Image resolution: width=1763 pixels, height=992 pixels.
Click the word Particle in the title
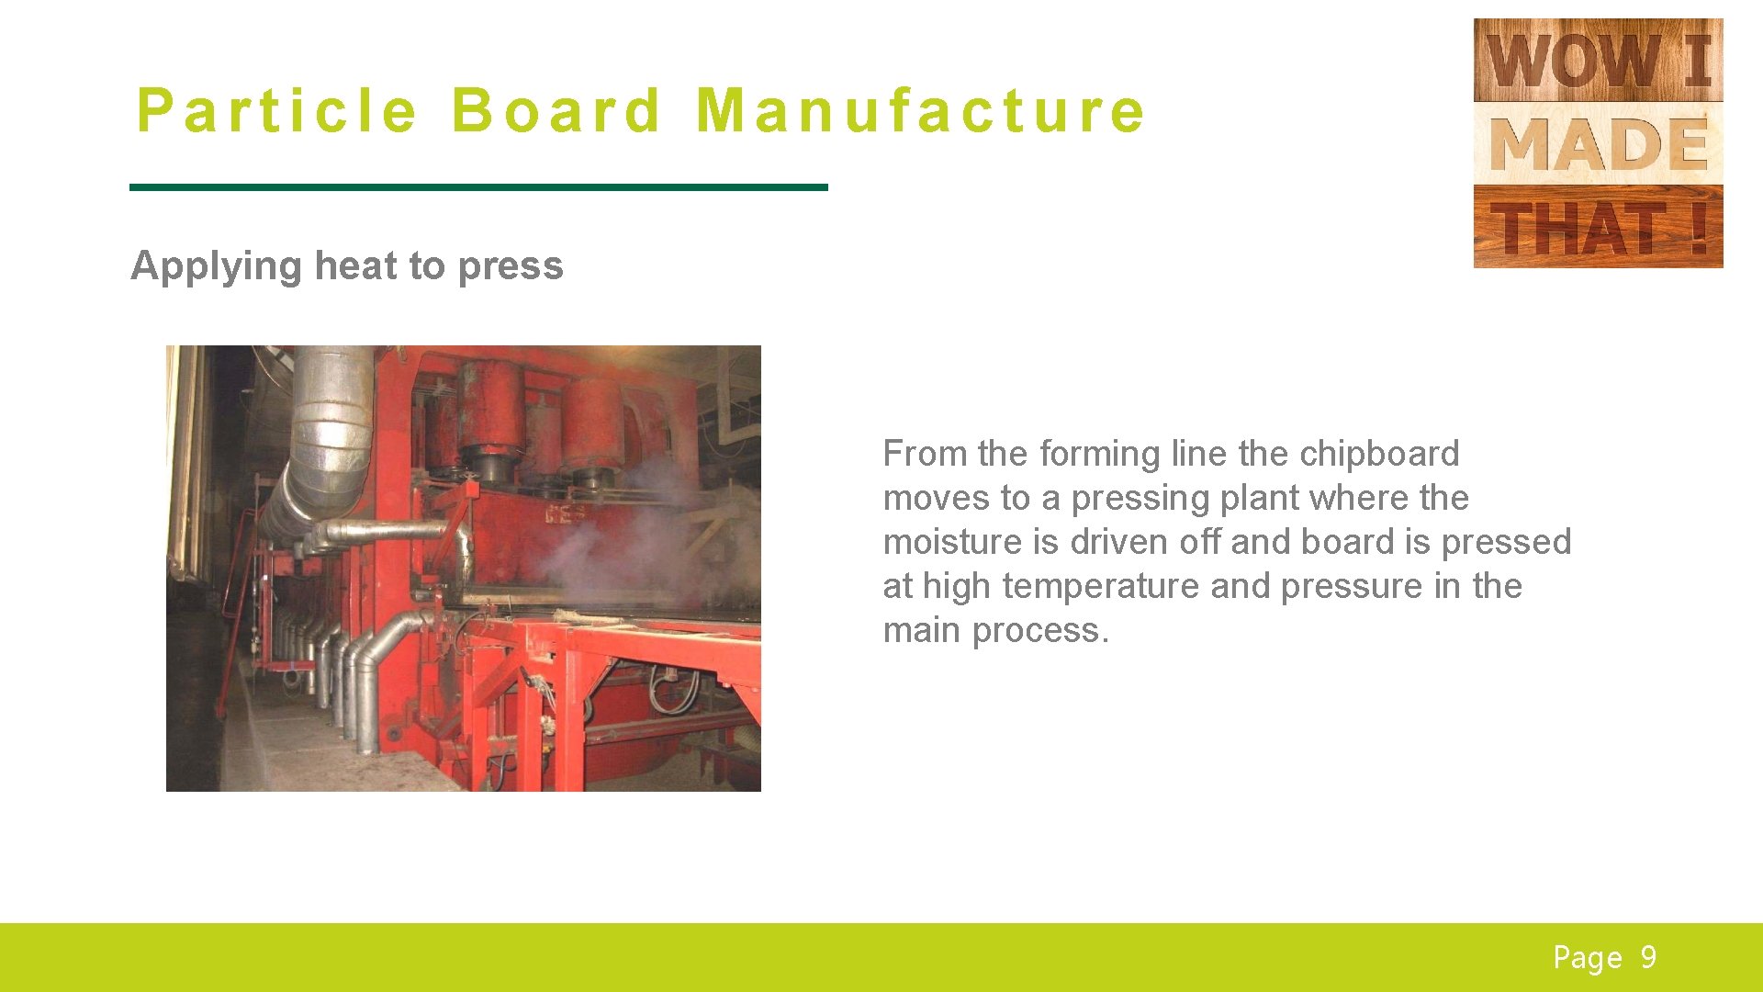click(x=276, y=111)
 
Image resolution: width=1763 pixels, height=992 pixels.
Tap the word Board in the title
click(x=556, y=111)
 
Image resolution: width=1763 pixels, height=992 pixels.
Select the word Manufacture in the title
click(x=920, y=111)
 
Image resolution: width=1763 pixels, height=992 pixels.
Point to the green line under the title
click(x=478, y=187)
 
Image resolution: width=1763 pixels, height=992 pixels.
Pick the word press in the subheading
click(x=511, y=267)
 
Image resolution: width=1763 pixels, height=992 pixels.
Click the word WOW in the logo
click(x=1572, y=61)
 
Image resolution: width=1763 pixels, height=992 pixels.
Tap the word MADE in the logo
click(x=1598, y=144)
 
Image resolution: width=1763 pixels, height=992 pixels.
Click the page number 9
click(x=1649, y=957)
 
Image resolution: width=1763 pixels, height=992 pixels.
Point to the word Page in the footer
click(x=1587, y=958)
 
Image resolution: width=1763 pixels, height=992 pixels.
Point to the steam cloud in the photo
click(x=634, y=542)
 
